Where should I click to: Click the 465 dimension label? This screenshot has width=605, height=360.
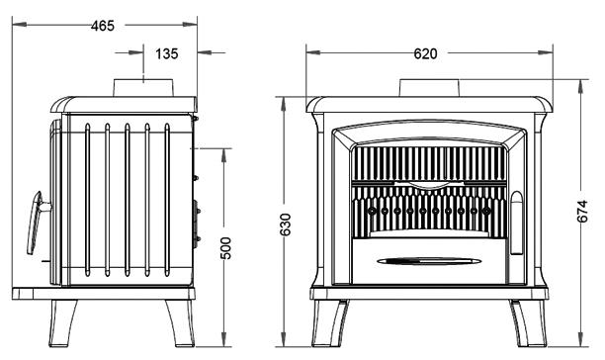[x=103, y=26]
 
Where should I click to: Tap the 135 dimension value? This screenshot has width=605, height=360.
[x=167, y=53]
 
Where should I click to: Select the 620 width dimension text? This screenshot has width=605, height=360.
[x=425, y=53]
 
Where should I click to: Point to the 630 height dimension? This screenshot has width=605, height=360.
[x=285, y=225]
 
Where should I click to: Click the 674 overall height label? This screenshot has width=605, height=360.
[x=582, y=211]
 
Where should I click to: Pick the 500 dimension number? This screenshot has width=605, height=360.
[x=225, y=248]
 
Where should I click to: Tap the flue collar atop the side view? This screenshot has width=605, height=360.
[x=143, y=88]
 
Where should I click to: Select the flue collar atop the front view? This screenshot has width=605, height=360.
[x=429, y=88]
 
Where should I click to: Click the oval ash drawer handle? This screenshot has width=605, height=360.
[x=429, y=262]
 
